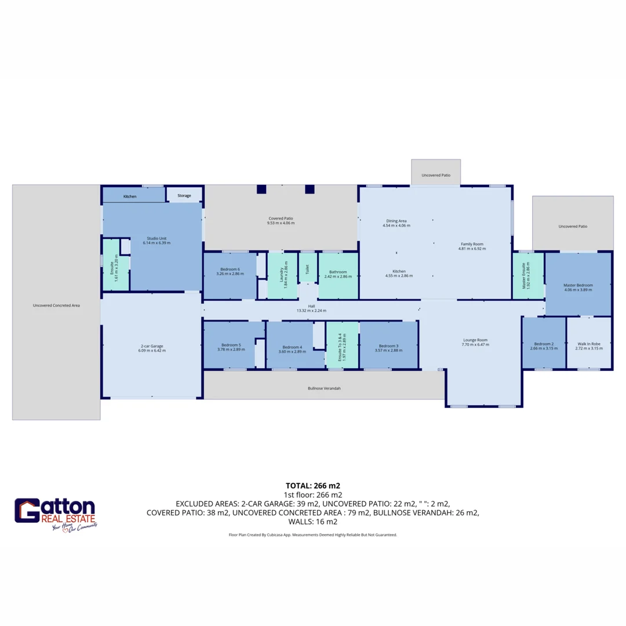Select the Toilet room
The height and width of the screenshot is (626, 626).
pyautogui.click(x=308, y=270)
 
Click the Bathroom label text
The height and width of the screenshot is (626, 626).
pyautogui.click(x=338, y=271)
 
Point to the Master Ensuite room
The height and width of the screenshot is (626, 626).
pyautogui.click(x=527, y=276)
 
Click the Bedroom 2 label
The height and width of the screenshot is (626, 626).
pyautogui.click(x=544, y=344)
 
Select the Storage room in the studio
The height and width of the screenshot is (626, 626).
pyautogui.click(x=184, y=196)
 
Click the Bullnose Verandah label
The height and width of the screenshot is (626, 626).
pyautogui.click(x=324, y=388)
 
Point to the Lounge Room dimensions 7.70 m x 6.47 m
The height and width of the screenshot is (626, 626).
pyautogui.click(x=475, y=344)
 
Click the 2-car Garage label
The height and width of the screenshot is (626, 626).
pyautogui.click(x=152, y=346)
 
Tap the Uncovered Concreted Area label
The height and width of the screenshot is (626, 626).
pyautogui.click(x=56, y=304)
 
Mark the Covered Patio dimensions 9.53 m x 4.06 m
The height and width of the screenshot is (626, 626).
pyautogui.click(x=281, y=223)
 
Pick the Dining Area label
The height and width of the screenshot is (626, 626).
pyautogui.click(x=396, y=221)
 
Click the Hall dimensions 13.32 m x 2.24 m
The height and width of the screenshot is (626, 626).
pyautogui.click(x=311, y=311)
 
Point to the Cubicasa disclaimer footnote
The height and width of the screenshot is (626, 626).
pyautogui.click(x=313, y=535)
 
